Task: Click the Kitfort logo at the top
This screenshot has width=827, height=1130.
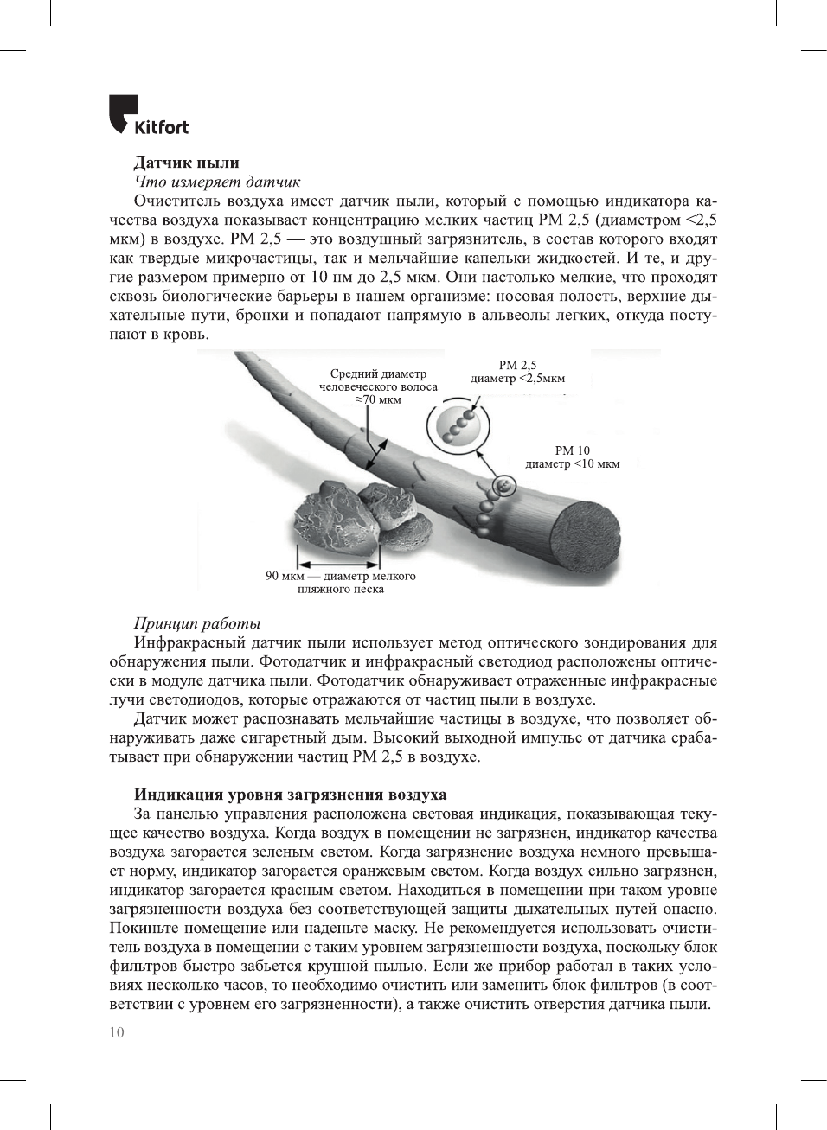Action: point(148,115)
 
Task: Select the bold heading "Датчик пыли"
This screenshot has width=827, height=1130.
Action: point(186,163)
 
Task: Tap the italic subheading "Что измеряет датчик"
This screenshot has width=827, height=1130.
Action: point(217,182)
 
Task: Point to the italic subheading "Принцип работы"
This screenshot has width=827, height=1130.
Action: point(197,623)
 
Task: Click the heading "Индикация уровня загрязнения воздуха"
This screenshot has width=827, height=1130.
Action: point(290,795)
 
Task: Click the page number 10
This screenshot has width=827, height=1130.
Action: point(117,1032)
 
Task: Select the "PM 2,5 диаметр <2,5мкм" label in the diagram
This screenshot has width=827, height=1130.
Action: point(517,372)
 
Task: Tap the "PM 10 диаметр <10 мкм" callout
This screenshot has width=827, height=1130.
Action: point(572,456)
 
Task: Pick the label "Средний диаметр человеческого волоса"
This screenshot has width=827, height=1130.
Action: point(378,386)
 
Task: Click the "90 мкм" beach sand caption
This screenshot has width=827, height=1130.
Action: point(340,582)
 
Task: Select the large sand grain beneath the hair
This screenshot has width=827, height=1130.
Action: point(332,521)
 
